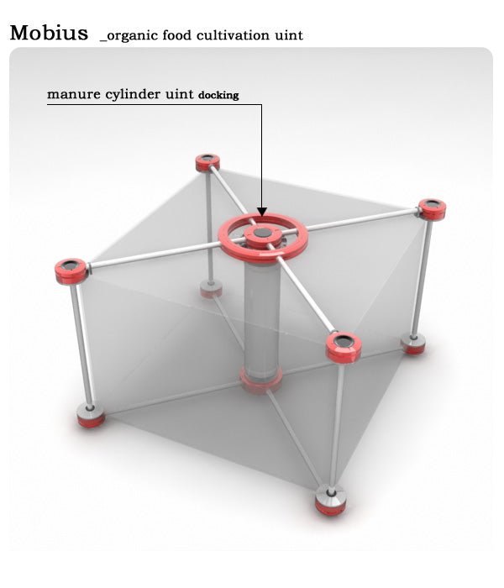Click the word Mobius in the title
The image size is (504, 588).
click(49, 33)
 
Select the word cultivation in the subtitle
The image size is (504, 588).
click(233, 35)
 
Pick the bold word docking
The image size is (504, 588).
click(218, 95)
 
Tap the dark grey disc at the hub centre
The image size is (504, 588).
click(262, 233)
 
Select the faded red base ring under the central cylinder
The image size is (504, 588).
click(261, 380)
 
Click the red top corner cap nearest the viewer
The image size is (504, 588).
click(344, 347)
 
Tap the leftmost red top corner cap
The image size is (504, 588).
click(71, 271)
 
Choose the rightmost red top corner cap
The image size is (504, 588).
click(432, 209)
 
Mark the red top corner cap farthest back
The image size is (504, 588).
click(207, 163)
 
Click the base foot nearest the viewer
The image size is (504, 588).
click(330, 500)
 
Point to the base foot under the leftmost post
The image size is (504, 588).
click(91, 415)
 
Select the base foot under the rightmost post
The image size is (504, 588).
click(413, 344)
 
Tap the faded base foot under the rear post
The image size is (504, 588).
click(211, 289)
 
